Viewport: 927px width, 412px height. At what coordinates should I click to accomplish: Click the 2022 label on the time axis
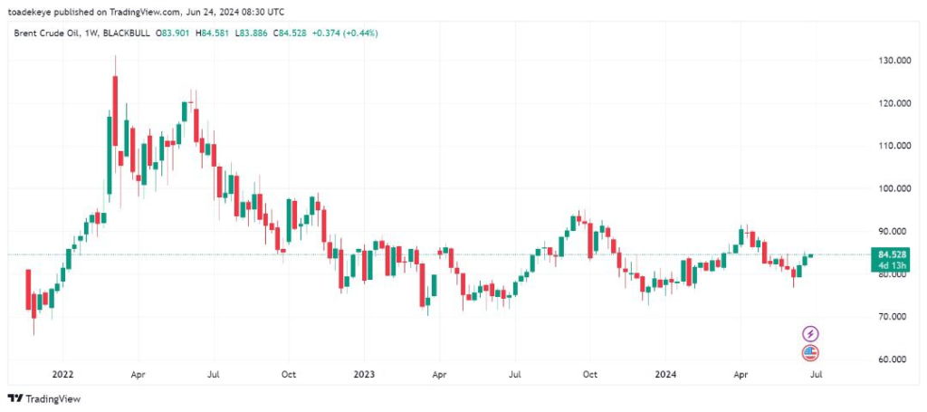click(62, 373)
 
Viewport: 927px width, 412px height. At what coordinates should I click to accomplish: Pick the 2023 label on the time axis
click(363, 373)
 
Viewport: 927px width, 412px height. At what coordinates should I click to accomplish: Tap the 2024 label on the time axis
click(664, 373)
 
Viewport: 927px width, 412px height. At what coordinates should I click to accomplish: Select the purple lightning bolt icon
click(810, 334)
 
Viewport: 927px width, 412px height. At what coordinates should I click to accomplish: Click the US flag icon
click(810, 353)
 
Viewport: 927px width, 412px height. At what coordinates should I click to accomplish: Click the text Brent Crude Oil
click(44, 34)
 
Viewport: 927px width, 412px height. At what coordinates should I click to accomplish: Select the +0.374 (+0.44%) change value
click(344, 34)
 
